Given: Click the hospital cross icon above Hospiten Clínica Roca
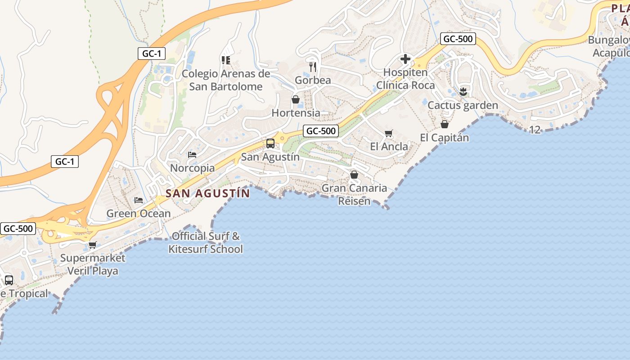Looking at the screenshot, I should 405,58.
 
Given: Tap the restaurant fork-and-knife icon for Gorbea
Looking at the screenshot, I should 313,67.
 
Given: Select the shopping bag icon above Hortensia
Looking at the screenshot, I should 296,99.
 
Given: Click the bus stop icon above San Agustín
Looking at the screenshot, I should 270,144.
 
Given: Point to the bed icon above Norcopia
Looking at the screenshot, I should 192,154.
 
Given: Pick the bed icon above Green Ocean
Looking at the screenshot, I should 139,200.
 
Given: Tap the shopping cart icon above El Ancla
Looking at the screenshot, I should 389,133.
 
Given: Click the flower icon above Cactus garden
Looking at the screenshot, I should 463,92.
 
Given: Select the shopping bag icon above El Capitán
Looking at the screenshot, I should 445,124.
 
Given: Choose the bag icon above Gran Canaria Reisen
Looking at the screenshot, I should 354,175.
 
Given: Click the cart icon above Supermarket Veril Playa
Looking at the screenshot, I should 93,245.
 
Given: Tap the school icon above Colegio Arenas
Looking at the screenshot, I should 226,60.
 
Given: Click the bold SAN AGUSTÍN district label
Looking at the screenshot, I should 207,193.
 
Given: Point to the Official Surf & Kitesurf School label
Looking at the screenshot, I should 206,243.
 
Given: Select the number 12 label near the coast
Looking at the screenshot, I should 535,130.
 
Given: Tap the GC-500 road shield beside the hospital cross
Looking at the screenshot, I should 458,39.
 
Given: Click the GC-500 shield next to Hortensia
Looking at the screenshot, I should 320,131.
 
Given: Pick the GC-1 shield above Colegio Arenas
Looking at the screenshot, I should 152,54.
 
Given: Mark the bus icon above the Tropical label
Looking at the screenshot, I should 9,280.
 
